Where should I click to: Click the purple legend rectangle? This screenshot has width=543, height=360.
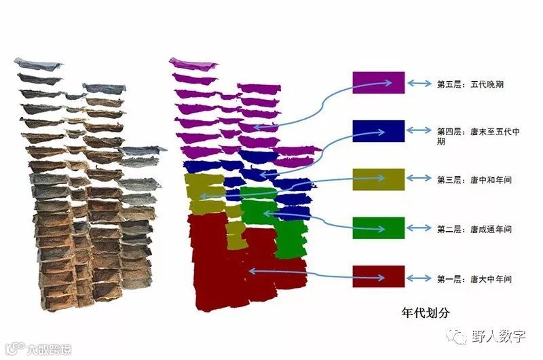(378, 82)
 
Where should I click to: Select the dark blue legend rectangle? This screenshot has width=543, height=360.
(378, 130)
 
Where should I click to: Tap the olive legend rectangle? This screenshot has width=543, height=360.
(378, 179)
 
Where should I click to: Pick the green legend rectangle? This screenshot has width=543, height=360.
(378, 228)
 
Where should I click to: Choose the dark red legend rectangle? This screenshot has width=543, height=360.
(378, 276)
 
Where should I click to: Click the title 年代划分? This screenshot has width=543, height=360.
(425, 312)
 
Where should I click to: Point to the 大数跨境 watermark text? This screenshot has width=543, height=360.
(48, 350)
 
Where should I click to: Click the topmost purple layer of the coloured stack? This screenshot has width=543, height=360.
(193, 64)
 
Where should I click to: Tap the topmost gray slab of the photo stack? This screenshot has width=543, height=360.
(38, 63)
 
